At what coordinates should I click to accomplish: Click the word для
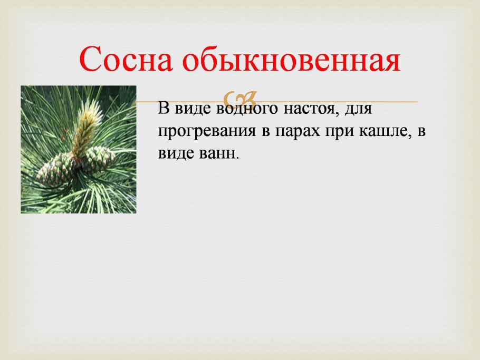[x=359, y=111]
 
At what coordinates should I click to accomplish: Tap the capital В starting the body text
[x=163, y=111]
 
